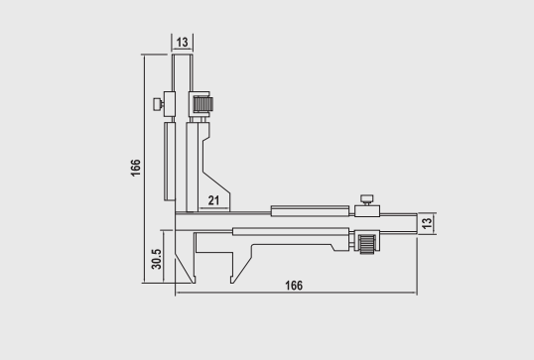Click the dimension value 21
[x=213, y=200]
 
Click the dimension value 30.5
[x=157, y=259]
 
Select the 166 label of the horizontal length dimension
[x=294, y=286]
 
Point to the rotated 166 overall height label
[x=136, y=168]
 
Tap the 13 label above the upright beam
[x=182, y=43]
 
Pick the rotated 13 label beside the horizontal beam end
[x=427, y=223]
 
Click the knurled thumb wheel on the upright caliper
[x=203, y=104]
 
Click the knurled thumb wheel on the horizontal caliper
[x=367, y=243]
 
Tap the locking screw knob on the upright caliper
[x=158, y=104]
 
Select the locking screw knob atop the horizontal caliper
[x=367, y=199]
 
